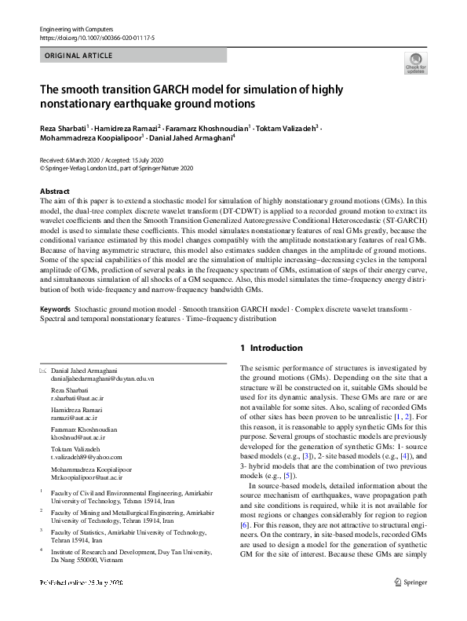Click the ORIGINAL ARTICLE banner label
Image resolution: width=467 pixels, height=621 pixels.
(80, 56)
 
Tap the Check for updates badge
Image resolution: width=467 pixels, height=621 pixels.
(415, 63)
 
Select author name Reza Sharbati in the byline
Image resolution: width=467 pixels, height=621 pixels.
(62, 127)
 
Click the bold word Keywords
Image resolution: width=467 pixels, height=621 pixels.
(56, 310)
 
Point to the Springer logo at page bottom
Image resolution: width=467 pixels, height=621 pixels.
(411, 605)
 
